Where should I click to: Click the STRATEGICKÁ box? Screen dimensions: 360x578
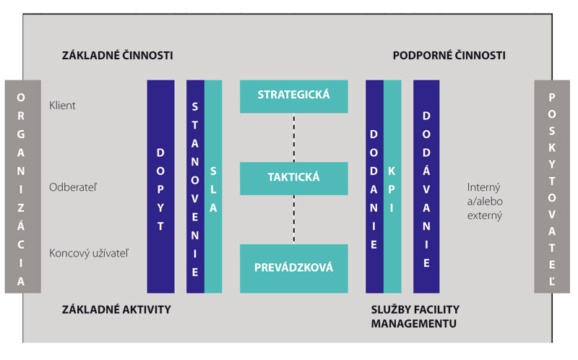click(293, 95)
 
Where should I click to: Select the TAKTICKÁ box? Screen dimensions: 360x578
click(293, 177)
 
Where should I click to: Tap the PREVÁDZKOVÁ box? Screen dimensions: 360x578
click(293, 267)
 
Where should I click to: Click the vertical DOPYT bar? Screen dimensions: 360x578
click(160, 187)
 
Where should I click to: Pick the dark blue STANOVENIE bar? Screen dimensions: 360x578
click(195, 187)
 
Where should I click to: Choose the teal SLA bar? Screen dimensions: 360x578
click(213, 187)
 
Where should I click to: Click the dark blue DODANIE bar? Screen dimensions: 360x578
click(374, 187)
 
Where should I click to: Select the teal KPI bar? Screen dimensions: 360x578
click(392, 187)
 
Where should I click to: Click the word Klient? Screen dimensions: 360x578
click(62, 106)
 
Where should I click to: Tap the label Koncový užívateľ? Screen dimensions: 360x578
click(85, 253)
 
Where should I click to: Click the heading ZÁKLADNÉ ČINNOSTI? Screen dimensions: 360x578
click(118, 56)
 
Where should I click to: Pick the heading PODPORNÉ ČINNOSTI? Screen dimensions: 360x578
click(449, 56)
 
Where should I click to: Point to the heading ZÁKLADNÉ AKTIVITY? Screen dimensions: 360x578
click(116, 309)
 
